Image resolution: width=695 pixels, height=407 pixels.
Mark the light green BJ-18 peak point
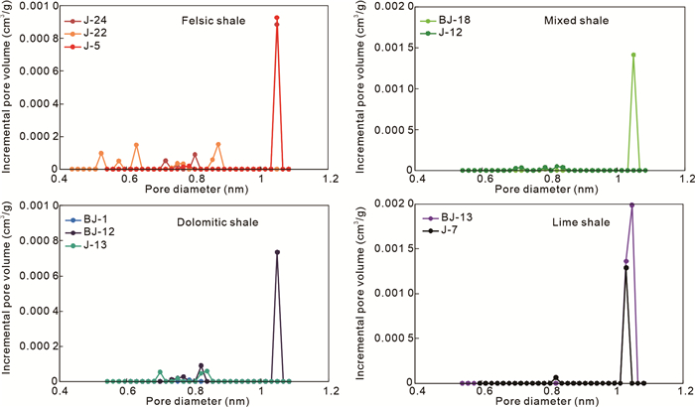pyautogui.click(x=633, y=55)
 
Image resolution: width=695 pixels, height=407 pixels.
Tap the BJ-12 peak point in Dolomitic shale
pyautogui.click(x=277, y=252)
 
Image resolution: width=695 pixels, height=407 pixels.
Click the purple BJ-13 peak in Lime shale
pyautogui.click(x=631, y=204)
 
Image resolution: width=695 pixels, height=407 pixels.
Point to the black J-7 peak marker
pyautogui.click(x=625, y=267)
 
